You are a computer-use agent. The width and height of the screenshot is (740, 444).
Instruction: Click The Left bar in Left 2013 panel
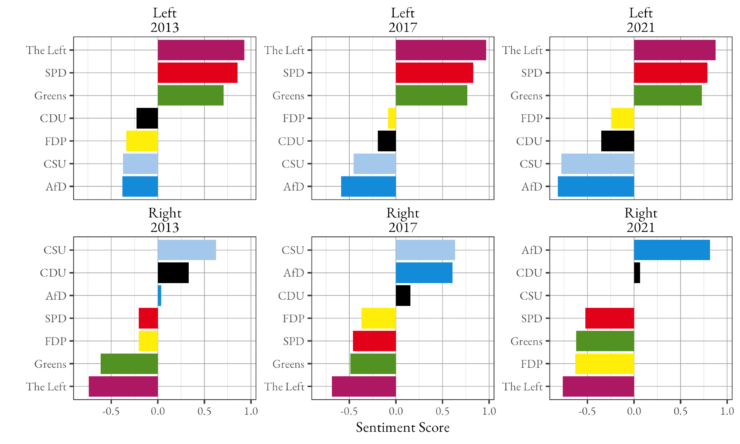tap(201, 50)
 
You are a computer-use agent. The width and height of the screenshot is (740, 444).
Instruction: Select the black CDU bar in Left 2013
tap(147, 118)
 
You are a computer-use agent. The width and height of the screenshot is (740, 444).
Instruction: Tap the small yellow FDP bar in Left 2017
tap(392, 118)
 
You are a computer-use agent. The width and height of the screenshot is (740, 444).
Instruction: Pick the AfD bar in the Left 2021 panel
tap(596, 186)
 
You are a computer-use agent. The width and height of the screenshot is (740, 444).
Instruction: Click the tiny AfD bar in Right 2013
tap(159, 296)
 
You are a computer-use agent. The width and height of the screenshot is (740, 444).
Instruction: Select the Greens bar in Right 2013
tap(129, 364)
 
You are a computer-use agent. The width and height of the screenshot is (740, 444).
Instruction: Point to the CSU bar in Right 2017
tap(425, 250)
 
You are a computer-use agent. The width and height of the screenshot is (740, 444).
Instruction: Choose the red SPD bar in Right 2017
tap(374, 341)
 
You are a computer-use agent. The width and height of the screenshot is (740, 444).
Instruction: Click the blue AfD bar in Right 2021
tap(672, 250)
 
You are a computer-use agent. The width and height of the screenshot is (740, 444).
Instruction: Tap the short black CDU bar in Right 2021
tap(637, 273)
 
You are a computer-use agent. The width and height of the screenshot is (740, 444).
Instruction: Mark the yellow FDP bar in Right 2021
tap(605, 364)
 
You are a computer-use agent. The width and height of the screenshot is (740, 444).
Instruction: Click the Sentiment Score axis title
tap(403, 428)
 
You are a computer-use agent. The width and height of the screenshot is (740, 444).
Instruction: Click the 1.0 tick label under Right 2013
tap(251, 411)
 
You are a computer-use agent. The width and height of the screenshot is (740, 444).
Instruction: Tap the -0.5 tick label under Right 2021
tap(587, 411)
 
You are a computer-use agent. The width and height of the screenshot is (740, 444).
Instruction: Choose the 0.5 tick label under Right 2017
tap(442, 411)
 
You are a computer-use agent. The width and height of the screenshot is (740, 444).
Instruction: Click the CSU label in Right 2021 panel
tap(531, 296)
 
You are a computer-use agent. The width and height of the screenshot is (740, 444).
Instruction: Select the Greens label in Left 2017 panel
tap(288, 96)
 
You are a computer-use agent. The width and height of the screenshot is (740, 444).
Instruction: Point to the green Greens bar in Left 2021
tap(667, 95)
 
